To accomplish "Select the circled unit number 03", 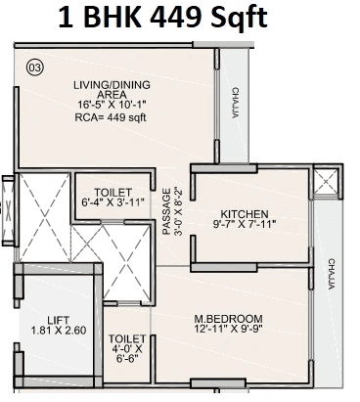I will click(35, 67).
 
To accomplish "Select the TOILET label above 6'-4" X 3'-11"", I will click(113, 192).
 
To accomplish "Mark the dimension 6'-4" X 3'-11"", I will click(113, 203).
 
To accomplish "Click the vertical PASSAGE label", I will click(167, 212).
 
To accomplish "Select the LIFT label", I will click(58, 319).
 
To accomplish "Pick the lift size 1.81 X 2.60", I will click(58, 331).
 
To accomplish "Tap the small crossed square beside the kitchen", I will click(325, 180).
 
